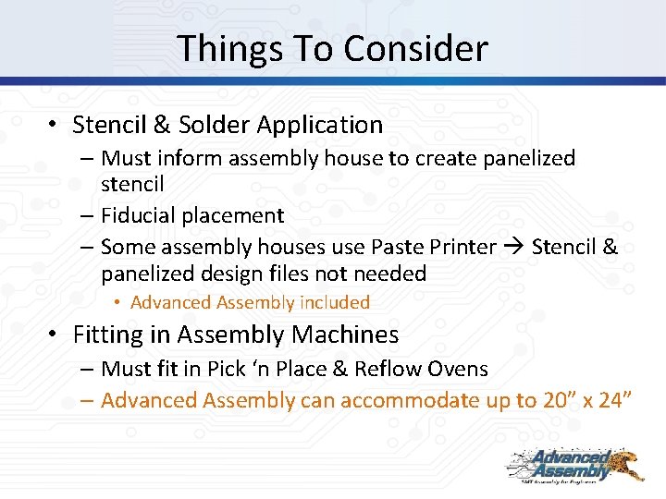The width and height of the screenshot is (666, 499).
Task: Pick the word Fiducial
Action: pos(142,215)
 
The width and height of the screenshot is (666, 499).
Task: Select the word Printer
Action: pos(462,247)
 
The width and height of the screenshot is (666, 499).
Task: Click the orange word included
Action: pos(335,302)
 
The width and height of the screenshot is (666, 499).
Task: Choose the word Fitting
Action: pos(111,335)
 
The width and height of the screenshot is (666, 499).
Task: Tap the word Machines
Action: pos(344,335)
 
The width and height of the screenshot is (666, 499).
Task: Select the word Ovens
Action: pos(458,369)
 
